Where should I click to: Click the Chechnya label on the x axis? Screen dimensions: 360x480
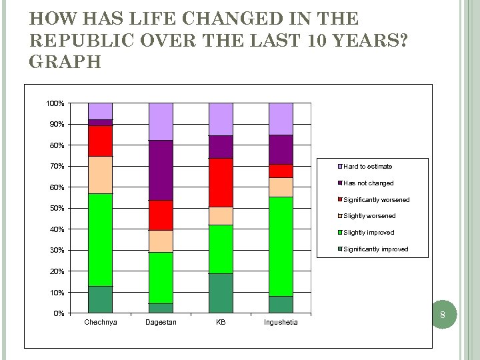(101, 323)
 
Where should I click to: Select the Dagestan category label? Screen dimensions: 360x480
(161, 323)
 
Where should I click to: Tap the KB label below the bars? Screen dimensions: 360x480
(221, 323)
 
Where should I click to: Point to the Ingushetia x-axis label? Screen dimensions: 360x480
(281, 323)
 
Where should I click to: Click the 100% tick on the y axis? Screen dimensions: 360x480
(55, 103)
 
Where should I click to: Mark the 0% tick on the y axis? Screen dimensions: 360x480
(58, 313)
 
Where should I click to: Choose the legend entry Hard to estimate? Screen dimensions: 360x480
(367, 166)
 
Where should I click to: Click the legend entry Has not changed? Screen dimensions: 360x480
(368, 183)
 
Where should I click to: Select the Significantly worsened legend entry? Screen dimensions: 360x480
(376, 199)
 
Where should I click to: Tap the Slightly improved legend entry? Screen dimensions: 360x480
(369, 233)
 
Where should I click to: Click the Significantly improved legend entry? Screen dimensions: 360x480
(375, 249)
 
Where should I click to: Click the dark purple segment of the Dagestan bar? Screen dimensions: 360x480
(161, 170)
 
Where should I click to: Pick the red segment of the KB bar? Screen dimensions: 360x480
(221, 182)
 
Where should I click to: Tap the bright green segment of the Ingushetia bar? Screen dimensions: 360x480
(281, 246)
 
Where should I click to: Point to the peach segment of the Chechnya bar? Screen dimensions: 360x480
(101, 175)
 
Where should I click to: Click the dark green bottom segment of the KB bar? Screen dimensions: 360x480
(221, 293)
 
